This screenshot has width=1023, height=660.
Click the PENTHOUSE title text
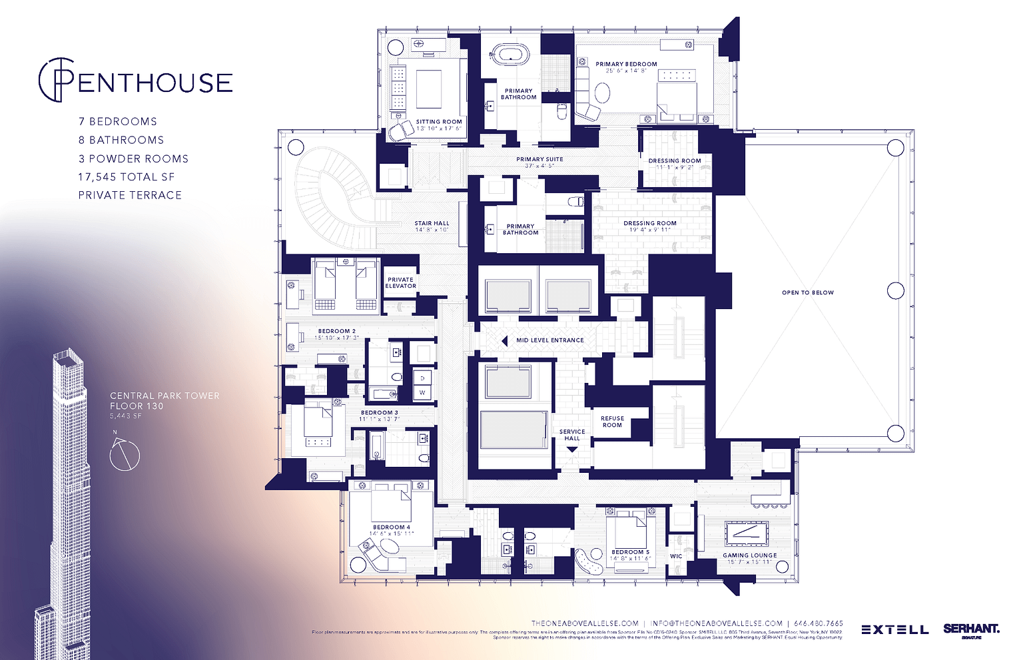point(137,82)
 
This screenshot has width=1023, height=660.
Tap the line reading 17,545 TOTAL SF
point(127,177)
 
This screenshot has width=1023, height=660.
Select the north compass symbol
point(124,454)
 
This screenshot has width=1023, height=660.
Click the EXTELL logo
point(894,629)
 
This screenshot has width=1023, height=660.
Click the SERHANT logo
point(971,629)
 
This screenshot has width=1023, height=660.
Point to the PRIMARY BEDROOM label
point(626,65)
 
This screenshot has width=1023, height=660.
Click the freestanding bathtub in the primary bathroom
point(510,54)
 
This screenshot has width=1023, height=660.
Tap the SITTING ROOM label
point(439,122)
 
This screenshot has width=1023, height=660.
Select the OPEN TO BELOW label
point(807,292)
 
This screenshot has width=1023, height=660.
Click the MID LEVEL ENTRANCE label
point(549,340)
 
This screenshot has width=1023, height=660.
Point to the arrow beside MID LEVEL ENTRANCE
point(504,340)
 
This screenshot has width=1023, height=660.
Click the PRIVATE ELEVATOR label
point(400,282)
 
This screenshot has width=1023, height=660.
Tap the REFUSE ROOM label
point(612,422)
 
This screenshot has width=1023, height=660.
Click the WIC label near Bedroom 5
point(676,556)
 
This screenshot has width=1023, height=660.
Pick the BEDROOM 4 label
point(391,527)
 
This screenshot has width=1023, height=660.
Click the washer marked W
point(422,393)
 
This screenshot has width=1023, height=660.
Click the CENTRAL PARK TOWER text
point(165,396)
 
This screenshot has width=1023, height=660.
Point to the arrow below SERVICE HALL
point(571,449)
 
